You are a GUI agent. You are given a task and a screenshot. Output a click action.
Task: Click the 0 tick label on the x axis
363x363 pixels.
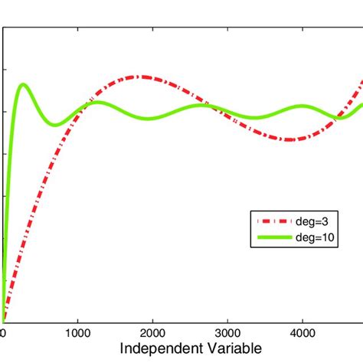coord(3,333)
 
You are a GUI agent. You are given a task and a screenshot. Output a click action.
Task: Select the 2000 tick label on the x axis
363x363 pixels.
coord(152,333)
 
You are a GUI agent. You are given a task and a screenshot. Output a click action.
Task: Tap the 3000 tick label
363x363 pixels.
coord(227,333)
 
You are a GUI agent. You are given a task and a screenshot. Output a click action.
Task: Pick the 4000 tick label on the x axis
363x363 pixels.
coord(302,333)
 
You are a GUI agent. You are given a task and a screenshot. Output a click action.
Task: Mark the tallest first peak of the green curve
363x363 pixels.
coord(23,84)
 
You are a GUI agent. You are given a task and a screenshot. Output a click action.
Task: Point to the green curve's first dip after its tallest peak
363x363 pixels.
coord(54,125)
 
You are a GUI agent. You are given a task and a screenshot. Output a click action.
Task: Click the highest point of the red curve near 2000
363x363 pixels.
coord(141,77)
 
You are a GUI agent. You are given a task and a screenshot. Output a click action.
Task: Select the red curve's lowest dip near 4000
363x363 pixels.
coord(291,139)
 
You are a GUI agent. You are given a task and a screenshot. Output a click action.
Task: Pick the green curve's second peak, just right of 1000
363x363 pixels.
coord(97,102)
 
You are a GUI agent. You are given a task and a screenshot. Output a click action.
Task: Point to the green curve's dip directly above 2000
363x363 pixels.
coord(151,118)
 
